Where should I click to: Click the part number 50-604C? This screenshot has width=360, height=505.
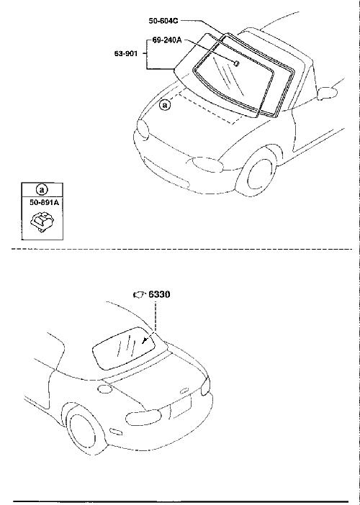coord(163,21)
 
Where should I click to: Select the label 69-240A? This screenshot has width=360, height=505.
coord(167,40)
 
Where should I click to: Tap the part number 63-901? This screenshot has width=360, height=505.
coord(126,53)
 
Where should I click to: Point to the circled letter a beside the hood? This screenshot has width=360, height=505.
coord(165,105)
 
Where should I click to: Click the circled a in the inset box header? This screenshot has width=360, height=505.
coord(42,190)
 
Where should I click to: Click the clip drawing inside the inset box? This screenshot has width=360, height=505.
coord(42,221)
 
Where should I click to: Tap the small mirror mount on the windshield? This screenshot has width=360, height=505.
coord(236,63)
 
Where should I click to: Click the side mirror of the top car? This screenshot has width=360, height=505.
coord(328,93)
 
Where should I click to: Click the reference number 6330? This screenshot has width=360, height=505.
coord(159,294)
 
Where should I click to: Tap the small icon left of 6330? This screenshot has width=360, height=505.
coord(140,294)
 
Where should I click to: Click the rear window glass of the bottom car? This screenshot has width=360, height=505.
coord(125,348)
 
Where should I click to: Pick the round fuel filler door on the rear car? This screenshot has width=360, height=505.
coord(104,388)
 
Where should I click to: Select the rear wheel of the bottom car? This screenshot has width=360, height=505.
coord(86,430)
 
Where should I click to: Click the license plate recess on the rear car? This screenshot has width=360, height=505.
coord(181,406)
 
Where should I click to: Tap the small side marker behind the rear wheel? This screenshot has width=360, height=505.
coord(117,432)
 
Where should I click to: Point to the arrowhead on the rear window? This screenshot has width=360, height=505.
coord(144,340)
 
